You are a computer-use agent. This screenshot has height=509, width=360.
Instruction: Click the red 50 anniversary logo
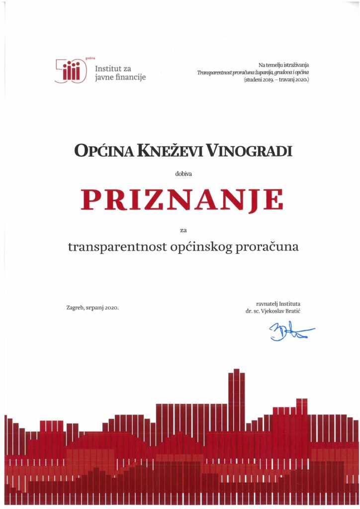pos(71,71)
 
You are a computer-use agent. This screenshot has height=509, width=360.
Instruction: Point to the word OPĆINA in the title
pos(103,150)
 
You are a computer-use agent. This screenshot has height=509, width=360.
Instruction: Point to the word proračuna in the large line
pos(267,247)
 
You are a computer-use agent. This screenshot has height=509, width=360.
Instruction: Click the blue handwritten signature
pos(291,331)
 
